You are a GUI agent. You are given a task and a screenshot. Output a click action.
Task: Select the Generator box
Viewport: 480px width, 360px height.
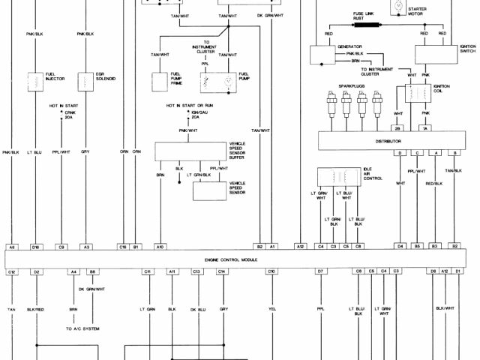[x=322, y=53]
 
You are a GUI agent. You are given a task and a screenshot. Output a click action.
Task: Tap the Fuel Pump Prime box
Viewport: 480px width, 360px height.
[x=163, y=79]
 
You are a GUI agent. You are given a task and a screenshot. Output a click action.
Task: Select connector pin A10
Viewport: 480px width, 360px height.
[x=160, y=246]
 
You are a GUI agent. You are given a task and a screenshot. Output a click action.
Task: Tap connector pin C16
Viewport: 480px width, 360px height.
[x=122, y=246]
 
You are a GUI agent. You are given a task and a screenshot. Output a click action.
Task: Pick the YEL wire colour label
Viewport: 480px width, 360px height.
[x=271, y=309]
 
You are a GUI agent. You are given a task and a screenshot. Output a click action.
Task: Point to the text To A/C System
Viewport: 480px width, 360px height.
[x=84, y=328]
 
